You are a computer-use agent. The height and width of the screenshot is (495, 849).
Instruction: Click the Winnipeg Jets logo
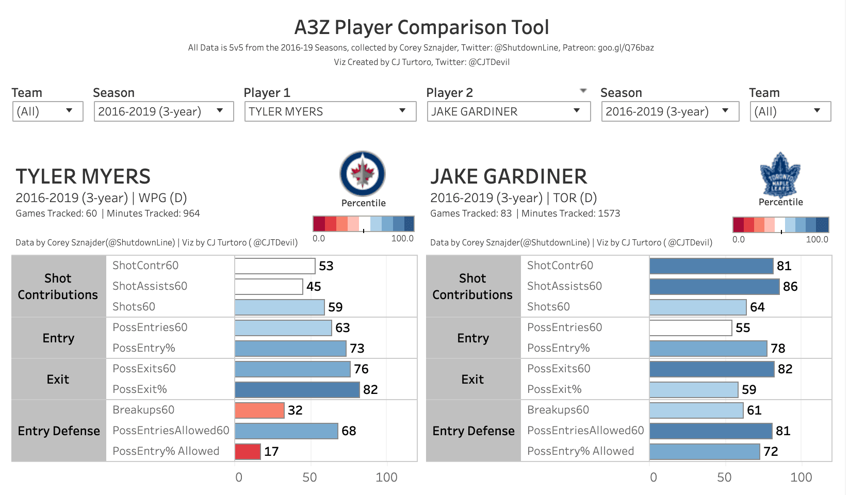tap(363, 174)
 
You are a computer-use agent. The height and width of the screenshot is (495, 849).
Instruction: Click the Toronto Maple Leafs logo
tap(780, 174)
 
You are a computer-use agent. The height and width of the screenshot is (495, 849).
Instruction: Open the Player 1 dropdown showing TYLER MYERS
tap(330, 111)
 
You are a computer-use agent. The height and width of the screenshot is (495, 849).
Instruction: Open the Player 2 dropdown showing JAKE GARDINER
tap(508, 111)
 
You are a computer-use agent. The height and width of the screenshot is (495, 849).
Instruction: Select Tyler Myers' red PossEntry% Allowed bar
tap(248, 451)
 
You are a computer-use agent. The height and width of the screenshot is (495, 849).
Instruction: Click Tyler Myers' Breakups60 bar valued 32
tap(259, 410)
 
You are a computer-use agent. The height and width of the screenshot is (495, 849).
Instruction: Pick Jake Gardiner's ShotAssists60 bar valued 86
tap(714, 286)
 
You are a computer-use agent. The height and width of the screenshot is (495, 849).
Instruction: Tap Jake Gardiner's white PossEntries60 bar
tap(690, 327)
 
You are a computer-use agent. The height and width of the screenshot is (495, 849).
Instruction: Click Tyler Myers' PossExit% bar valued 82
tap(297, 389)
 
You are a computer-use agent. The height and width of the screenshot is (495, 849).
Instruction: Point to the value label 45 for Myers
tap(314, 287)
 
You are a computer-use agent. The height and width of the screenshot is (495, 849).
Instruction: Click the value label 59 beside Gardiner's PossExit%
tap(749, 390)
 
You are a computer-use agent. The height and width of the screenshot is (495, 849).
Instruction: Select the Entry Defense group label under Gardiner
tap(473, 431)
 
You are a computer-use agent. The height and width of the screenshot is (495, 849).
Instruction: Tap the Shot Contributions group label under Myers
tap(58, 286)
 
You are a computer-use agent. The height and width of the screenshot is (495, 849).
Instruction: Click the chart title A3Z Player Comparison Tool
tap(421, 27)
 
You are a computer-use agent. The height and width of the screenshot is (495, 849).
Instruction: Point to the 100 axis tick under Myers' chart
tap(386, 477)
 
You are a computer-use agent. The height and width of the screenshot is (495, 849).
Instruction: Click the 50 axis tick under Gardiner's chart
tap(724, 477)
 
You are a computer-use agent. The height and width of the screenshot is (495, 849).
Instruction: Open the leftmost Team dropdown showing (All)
tap(47, 111)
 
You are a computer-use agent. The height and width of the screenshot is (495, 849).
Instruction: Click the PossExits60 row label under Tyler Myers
tap(144, 369)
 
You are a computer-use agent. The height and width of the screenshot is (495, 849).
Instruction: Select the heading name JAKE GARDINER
tap(509, 176)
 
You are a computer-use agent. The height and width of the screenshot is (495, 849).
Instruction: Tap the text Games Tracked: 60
tap(56, 213)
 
